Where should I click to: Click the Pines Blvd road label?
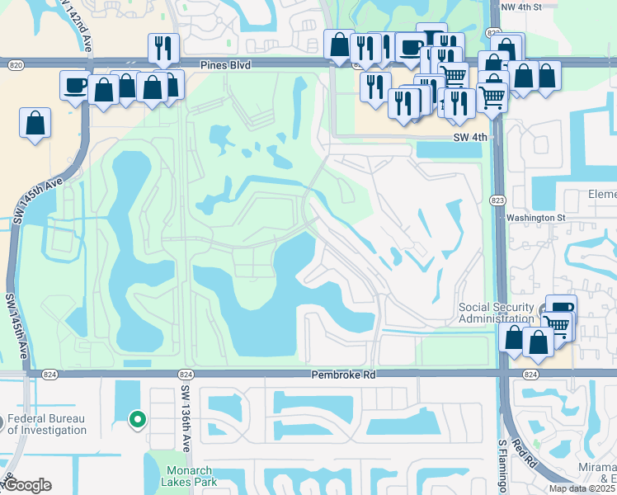224,64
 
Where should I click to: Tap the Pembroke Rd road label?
342,374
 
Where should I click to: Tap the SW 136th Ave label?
186,420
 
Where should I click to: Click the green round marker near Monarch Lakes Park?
138,419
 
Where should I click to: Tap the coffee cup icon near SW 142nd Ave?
75,84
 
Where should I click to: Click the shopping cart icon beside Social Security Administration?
558,325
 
